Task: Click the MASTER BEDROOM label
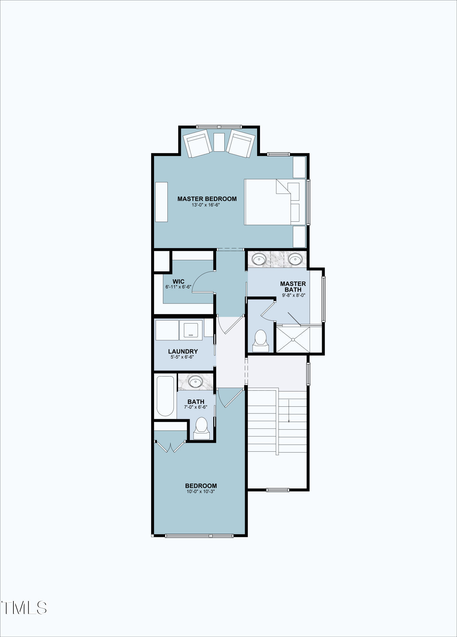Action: [x=207, y=199]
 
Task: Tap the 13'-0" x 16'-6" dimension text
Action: [x=206, y=205]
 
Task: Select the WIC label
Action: [x=178, y=282]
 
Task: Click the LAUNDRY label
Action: [x=183, y=351]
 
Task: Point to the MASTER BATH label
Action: [x=293, y=287]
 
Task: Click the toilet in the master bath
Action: [x=261, y=340]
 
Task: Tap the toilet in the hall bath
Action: [x=201, y=428]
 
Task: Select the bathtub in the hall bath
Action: [x=165, y=396]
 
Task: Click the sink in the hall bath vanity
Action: [x=195, y=381]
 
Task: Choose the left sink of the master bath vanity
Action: [x=259, y=259]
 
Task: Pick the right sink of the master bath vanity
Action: [x=295, y=259]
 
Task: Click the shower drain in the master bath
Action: [x=293, y=340]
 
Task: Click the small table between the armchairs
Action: [x=219, y=142]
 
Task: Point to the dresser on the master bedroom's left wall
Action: [x=161, y=202]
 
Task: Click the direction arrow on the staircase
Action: [x=289, y=411]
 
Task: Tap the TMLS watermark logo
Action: [x=24, y=608]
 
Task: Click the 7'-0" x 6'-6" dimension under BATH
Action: [x=196, y=407]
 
